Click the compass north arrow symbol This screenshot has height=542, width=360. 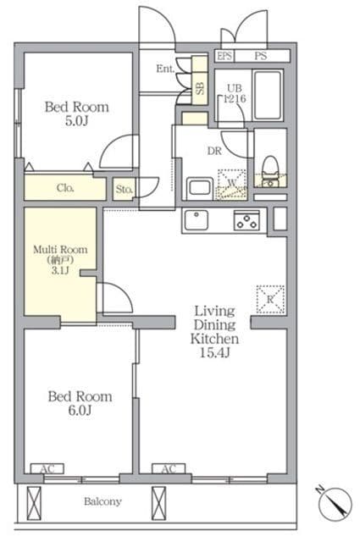[x=335, y=504]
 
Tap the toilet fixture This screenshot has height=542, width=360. [x=270, y=171]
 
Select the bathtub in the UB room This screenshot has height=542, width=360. [x=268, y=95]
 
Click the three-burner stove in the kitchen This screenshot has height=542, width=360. [x=246, y=220]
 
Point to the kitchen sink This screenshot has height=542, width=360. [x=196, y=219]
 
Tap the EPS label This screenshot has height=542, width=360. [x=224, y=56]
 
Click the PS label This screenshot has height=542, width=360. [x=260, y=56]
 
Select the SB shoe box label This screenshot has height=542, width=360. [x=200, y=88]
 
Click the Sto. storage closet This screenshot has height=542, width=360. [x=124, y=189]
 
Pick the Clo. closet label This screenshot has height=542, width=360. [x=65, y=188]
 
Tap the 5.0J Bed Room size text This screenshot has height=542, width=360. [x=76, y=121]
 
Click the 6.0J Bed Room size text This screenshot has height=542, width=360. [x=80, y=410]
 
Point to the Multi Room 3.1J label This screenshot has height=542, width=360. [x=60, y=260]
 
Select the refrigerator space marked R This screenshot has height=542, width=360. [x=270, y=299]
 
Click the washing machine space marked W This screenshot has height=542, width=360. [x=232, y=185]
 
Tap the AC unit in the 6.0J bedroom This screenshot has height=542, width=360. [x=47, y=468]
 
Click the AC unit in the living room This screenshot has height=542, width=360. [x=169, y=468]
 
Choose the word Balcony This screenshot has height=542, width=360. [x=102, y=501]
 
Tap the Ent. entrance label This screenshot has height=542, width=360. [x=165, y=69]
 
